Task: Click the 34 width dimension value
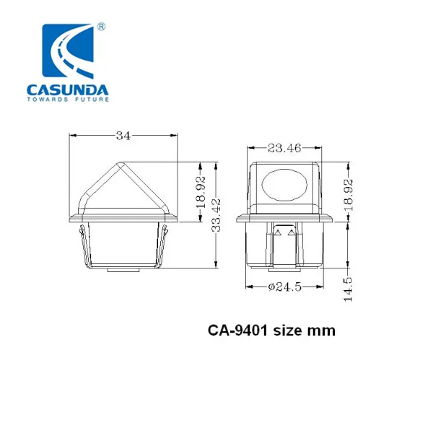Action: [123, 136]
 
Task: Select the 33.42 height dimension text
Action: [216, 215]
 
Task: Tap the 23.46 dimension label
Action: [284, 148]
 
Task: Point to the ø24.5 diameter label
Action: [285, 287]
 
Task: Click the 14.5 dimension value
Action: [349, 289]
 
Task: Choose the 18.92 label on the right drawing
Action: [349, 195]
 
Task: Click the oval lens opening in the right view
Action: [284, 185]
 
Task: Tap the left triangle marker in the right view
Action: [278, 232]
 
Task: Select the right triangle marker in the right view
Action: [292, 232]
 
